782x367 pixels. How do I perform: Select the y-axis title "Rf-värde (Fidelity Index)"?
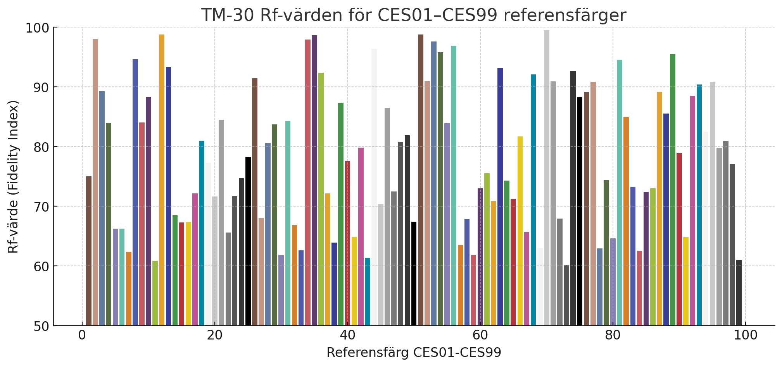[x=13, y=177]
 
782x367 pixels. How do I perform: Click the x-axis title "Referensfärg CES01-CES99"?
[x=414, y=353]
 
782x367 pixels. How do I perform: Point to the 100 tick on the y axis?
[x=37, y=28]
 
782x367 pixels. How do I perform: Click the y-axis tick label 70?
[x=41, y=207]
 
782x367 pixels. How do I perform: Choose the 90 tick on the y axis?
[x=41, y=87]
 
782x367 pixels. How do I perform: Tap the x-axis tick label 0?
[x=82, y=335]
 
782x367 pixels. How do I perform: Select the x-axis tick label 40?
[x=347, y=335]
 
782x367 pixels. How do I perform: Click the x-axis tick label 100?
[x=745, y=335]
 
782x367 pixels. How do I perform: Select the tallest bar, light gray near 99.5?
[x=547, y=178]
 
